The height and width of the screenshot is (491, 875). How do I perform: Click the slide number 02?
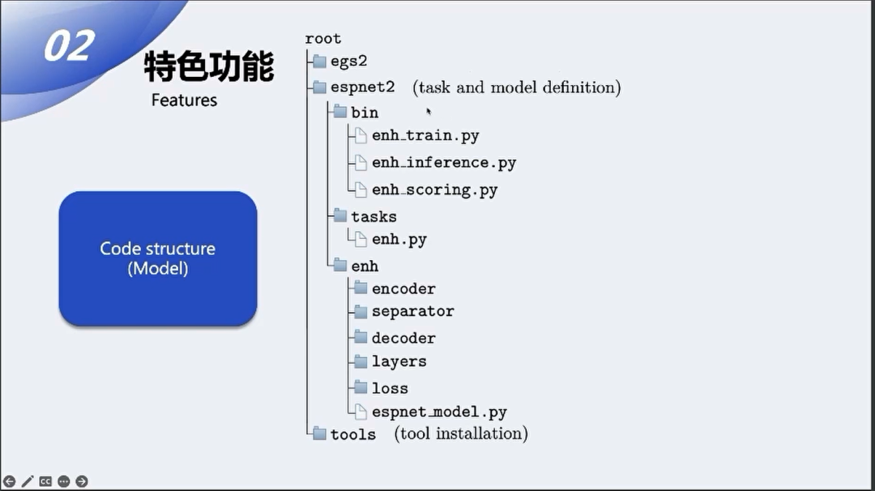click(68, 46)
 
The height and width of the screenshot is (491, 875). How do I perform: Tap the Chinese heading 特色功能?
click(209, 66)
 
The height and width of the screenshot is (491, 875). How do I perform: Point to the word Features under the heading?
click(184, 100)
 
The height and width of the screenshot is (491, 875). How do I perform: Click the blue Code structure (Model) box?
click(158, 258)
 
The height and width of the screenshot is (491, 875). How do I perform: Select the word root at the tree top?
click(322, 39)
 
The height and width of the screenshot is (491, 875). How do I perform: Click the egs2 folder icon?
click(319, 61)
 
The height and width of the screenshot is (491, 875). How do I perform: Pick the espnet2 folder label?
click(362, 88)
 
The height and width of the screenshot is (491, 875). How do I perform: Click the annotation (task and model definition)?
click(516, 88)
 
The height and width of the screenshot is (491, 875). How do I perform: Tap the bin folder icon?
click(339, 112)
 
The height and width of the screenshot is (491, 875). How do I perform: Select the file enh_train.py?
click(425, 136)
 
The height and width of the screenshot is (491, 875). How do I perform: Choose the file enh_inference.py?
click(444, 163)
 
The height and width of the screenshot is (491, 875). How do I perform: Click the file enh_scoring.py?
click(434, 190)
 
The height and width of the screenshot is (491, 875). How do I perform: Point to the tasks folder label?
click(373, 216)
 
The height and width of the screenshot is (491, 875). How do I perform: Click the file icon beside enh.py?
click(361, 239)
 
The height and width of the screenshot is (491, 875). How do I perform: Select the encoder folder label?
click(403, 288)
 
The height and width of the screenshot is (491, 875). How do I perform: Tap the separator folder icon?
click(361, 311)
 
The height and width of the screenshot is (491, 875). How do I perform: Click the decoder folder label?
click(403, 338)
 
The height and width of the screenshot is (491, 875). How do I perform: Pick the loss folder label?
click(390, 388)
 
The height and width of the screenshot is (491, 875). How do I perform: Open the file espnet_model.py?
click(439, 412)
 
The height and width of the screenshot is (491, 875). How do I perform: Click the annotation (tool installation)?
click(461, 433)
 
